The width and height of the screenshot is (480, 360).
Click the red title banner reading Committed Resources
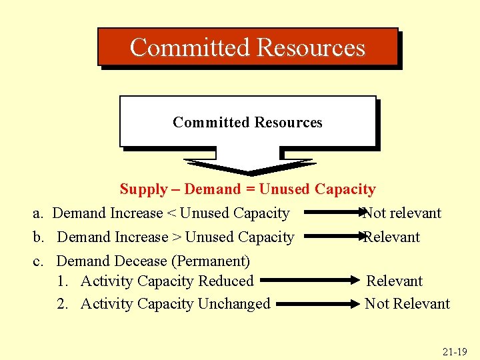(x=247, y=47)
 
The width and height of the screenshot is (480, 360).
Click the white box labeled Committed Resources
(x=247, y=121)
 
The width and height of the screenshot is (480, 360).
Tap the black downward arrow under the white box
(x=249, y=167)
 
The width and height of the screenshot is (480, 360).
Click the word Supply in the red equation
(x=143, y=189)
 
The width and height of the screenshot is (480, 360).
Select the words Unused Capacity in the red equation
(x=317, y=189)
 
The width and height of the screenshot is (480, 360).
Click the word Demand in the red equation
(x=212, y=189)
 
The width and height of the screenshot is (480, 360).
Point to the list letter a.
(x=38, y=213)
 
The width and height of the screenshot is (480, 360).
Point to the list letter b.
(x=39, y=237)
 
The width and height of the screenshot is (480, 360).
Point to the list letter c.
(x=38, y=261)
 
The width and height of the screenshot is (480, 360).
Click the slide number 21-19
(x=454, y=351)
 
